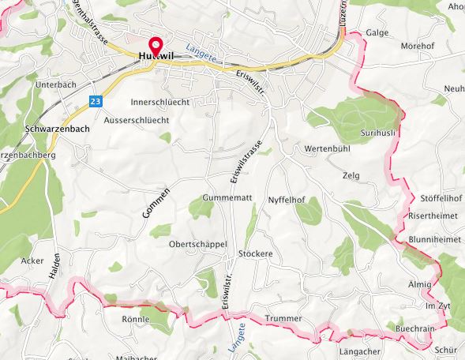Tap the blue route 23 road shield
click(x=96, y=101)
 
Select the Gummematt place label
click(x=227, y=197)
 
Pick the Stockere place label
click(x=255, y=254)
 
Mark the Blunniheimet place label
click(x=434, y=240)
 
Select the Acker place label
click(x=32, y=260)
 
